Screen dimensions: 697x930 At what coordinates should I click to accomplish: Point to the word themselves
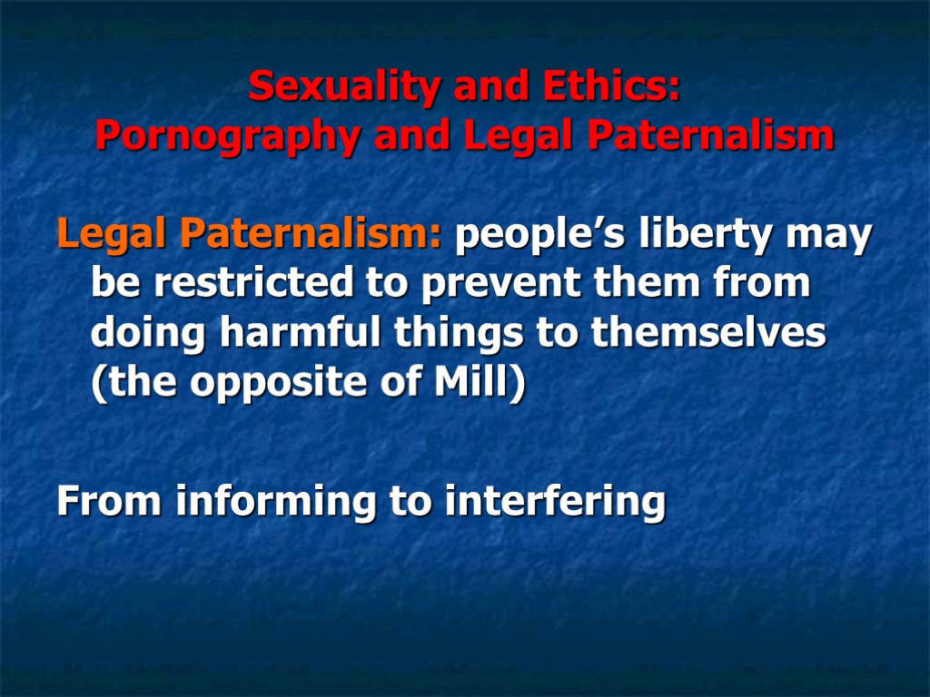pyautogui.click(x=708, y=334)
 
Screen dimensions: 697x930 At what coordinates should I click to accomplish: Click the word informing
pyautogui.click(x=278, y=501)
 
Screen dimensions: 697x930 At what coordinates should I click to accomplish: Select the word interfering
pyautogui.click(x=555, y=501)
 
